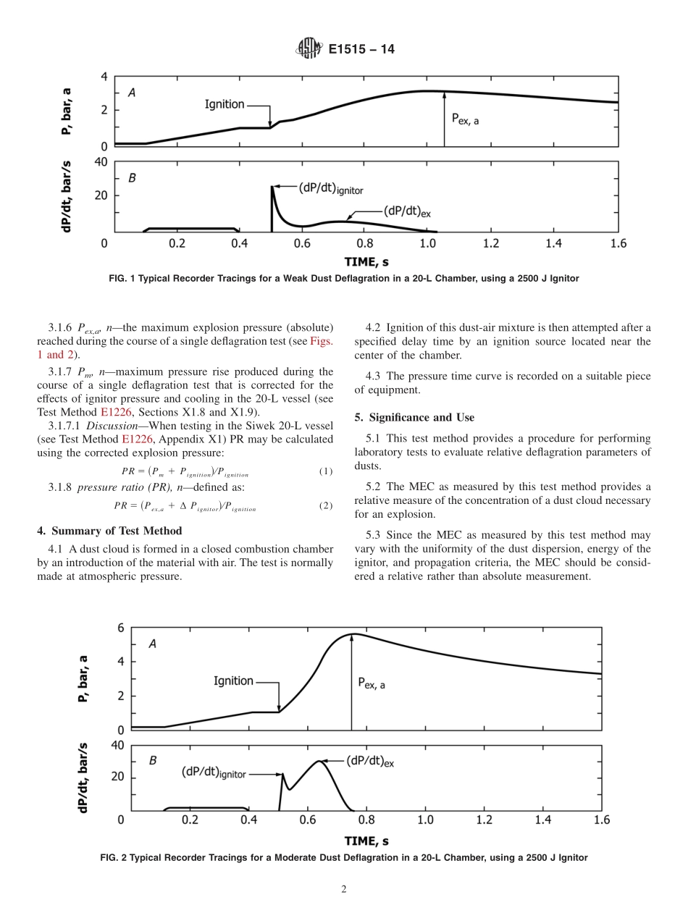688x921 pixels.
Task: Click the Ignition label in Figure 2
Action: pyautogui.click(x=233, y=681)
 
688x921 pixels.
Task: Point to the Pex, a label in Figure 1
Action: pyautogui.click(x=465, y=119)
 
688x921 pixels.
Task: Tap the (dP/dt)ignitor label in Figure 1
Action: pyautogui.click(x=330, y=188)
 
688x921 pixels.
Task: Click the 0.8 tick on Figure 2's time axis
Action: pyautogui.click(x=366, y=820)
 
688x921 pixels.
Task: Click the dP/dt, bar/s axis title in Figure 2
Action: pyautogui.click(x=84, y=778)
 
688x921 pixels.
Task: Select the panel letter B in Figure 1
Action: pyautogui.click(x=132, y=177)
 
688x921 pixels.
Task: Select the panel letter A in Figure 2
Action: pyautogui.click(x=152, y=644)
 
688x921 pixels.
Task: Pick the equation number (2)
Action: pyautogui.click(x=326, y=505)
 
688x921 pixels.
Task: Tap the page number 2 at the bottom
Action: pyautogui.click(x=344, y=890)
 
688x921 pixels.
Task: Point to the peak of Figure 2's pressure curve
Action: pyautogui.click(x=352, y=634)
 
